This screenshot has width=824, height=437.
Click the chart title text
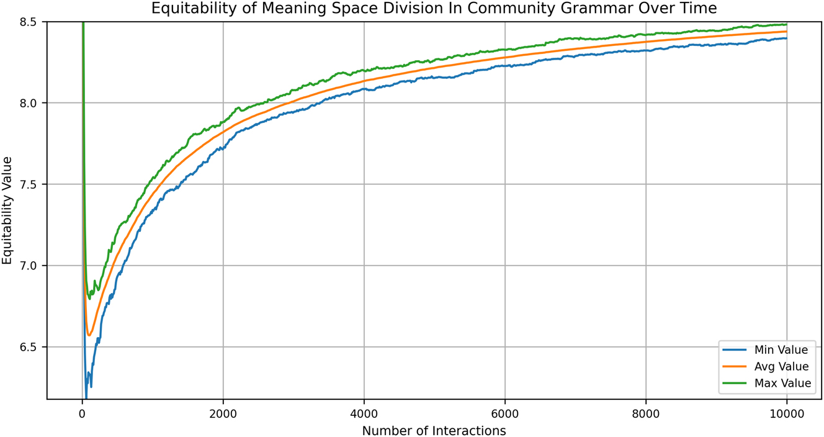434,8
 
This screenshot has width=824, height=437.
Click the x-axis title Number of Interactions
434,430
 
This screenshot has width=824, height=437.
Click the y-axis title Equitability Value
7,210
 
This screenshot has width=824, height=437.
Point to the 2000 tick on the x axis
223,413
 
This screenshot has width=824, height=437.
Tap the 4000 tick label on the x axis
364,413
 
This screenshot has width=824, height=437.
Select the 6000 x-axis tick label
505,413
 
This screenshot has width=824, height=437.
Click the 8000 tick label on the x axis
646,413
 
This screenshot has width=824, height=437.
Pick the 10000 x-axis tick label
787,413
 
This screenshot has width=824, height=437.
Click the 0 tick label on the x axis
82,413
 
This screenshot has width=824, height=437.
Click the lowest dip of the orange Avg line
89,335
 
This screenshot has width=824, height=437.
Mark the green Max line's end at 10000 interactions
787,25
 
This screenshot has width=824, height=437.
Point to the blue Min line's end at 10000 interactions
787,38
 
